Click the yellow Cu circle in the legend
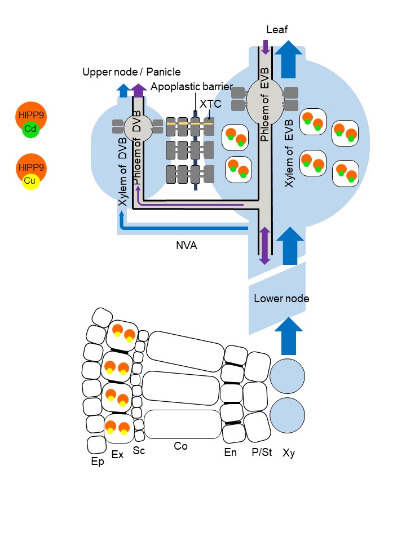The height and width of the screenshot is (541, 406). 30,181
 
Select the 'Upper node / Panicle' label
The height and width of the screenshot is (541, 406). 131,72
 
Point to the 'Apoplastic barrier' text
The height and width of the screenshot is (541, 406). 192,86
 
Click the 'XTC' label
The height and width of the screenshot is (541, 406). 210,104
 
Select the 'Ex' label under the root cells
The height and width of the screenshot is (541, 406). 117,454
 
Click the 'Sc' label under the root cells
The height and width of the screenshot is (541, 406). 139,450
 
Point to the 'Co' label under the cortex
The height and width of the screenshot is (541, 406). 180,446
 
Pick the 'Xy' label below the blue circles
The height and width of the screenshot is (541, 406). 288,451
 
